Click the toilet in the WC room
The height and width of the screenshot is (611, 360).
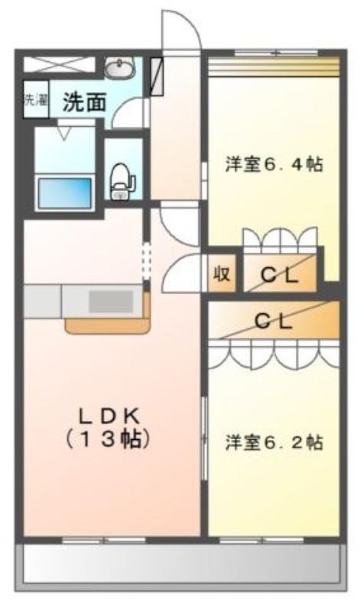click(122, 181)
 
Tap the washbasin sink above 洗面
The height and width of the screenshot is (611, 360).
click(120, 67)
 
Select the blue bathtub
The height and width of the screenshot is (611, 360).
click(65, 192)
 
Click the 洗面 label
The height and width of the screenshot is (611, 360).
click(85, 102)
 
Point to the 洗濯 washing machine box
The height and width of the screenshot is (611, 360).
click(36, 99)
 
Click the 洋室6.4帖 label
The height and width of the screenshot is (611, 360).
click(274, 164)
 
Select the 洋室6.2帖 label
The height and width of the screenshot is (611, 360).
click(274, 443)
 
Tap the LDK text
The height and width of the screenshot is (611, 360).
click(109, 418)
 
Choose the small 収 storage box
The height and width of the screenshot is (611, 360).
click(222, 273)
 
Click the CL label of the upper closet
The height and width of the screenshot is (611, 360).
click(280, 276)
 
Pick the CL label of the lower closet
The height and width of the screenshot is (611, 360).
click(274, 321)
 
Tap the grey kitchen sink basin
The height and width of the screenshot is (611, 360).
click(111, 301)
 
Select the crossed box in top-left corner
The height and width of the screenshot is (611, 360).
click(60, 65)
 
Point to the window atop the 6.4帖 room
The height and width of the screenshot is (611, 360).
click(276, 53)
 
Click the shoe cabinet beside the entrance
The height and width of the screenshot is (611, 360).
click(157, 77)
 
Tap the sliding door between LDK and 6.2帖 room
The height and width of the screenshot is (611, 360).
click(203, 438)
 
